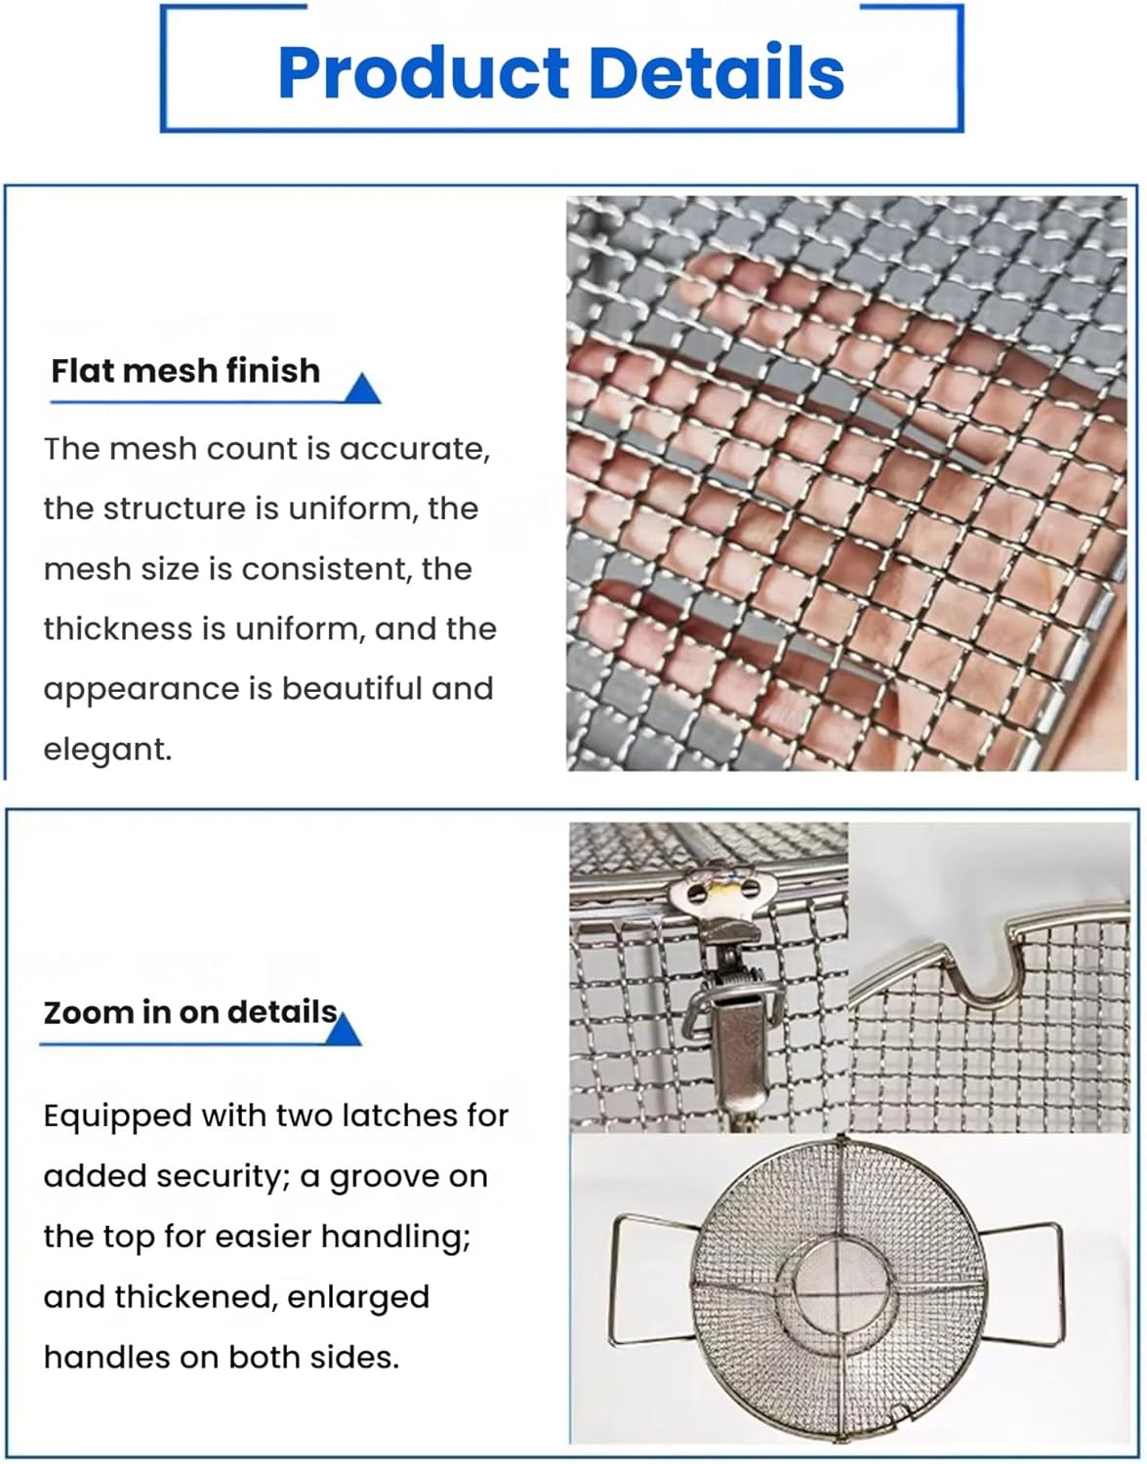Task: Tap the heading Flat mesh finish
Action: pyautogui.click(x=185, y=371)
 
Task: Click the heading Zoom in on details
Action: pyautogui.click(x=190, y=1012)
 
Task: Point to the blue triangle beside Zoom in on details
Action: pyautogui.click(x=343, y=1031)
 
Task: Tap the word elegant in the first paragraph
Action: pyautogui.click(x=106, y=750)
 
